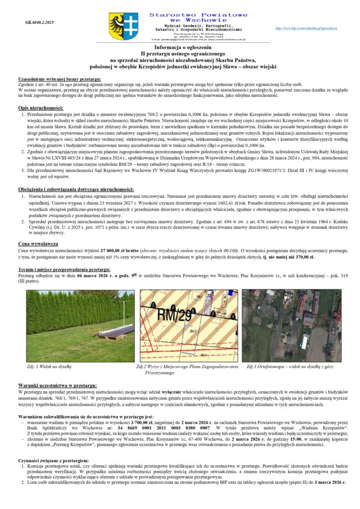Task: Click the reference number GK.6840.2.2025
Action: pyautogui.click(x=39, y=23)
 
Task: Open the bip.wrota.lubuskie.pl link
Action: pyautogui.click(x=313, y=28)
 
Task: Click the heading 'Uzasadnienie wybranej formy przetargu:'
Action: pyautogui.click(x=59, y=80)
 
